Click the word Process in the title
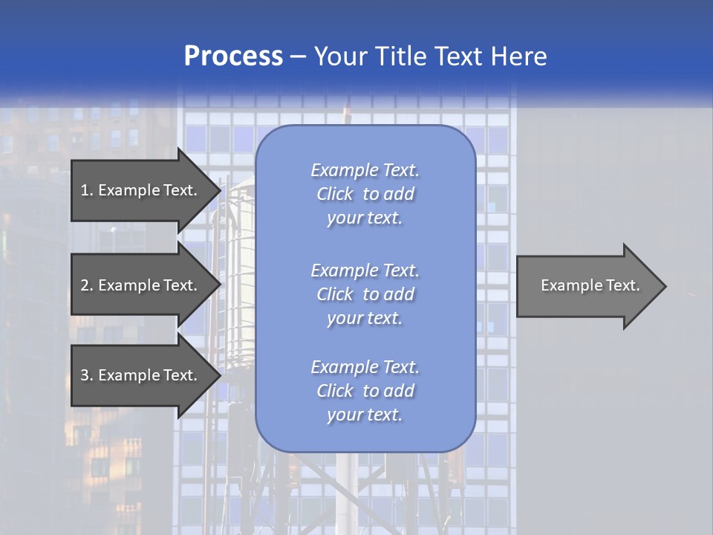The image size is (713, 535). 233,56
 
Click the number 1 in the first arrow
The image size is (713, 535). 85,190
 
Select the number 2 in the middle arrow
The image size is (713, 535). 85,285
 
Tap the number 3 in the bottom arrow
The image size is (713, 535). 85,375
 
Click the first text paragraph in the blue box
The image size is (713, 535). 365,194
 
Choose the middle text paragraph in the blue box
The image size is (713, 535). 365,294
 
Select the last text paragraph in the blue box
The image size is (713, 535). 365,391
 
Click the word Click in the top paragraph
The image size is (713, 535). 334,194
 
